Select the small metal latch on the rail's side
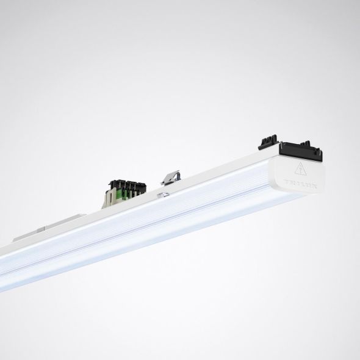pyautogui.click(x=163, y=194)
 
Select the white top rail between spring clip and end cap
pyautogui.click(x=220, y=173)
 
